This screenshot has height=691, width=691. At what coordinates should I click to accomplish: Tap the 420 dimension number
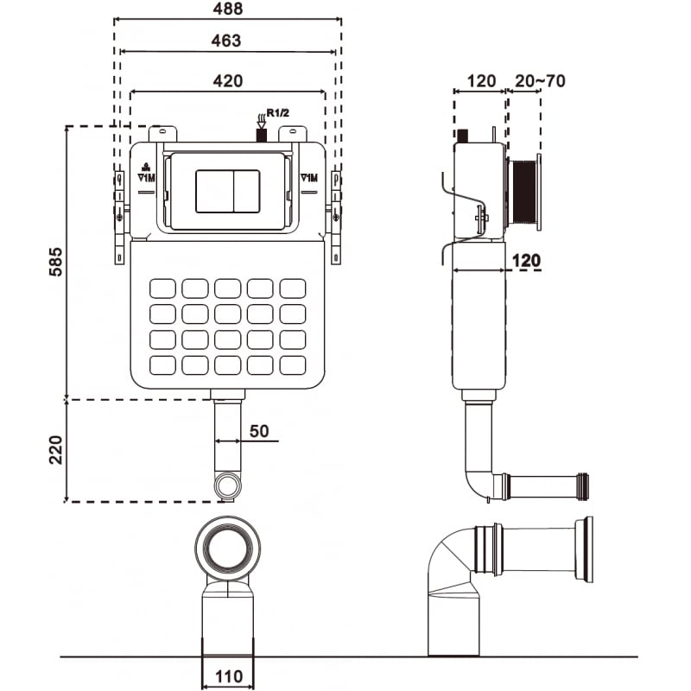point(228,79)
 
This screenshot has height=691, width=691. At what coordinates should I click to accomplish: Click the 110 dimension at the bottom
point(228,676)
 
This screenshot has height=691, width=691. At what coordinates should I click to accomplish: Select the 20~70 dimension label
point(540,81)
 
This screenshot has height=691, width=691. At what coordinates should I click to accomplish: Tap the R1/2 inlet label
point(279,112)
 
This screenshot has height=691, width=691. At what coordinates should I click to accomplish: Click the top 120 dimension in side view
point(480,81)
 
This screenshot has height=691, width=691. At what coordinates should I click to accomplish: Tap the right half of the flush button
point(244,191)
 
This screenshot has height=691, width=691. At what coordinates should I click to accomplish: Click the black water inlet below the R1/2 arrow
point(262,134)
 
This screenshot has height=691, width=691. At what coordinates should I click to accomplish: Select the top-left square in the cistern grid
point(162,288)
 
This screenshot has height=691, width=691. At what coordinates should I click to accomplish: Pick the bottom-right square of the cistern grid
point(293,365)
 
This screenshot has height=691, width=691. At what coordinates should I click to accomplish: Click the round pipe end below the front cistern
point(227,486)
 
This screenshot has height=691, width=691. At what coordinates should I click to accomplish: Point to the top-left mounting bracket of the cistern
point(162,134)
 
